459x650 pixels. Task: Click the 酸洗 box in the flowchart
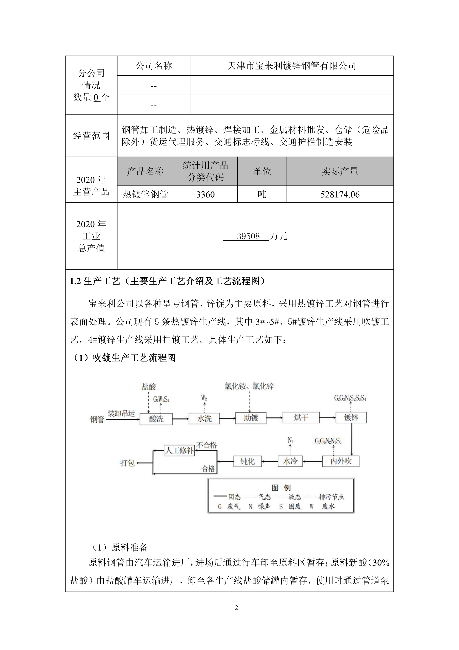click(156, 419)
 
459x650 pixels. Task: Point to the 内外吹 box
click(341, 461)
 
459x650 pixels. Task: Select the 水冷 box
click(290, 461)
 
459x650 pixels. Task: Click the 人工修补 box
click(179, 450)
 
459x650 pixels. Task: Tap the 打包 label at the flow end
click(127, 463)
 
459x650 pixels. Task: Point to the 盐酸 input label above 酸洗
click(149, 387)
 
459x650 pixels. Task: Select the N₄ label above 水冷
click(290, 440)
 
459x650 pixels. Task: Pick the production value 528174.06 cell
click(340, 194)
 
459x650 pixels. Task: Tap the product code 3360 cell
click(205, 194)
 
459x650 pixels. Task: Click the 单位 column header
click(262, 171)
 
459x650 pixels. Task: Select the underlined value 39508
click(248, 236)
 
